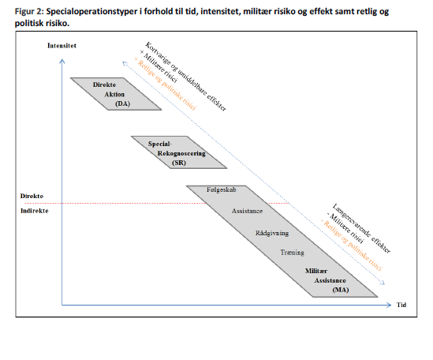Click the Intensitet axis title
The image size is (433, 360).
(x=62, y=46)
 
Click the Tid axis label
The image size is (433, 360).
(x=401, y=305)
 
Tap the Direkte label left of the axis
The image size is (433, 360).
(x=32, y=196)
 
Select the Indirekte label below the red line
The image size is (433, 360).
(x=34, y=211)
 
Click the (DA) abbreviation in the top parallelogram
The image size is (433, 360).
(x=122, y=103)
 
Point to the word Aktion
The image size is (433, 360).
(x=114, y=94)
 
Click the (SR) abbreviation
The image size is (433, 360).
(x=179, y=163)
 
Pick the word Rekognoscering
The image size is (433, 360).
(x=181, y=153)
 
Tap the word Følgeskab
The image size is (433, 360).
(x=221, y=189)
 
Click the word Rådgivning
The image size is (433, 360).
(x=272, y=233)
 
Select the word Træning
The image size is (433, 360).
(x=292, y=253)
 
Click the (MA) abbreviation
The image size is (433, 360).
(x=341, y=290)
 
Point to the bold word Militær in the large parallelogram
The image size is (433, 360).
(x=316, y=271)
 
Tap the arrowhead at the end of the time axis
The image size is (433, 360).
(x=390, y=305)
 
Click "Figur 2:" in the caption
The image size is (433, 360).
(x=29, y=12)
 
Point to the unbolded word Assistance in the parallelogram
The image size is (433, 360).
(x=247, y=212)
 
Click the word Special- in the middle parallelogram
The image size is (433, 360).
(x=160, y=144)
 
